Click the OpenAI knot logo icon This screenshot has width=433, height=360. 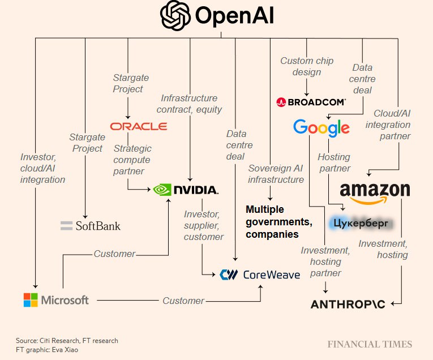point(175,16)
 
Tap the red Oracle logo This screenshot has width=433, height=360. point(139,126)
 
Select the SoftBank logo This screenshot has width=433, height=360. point(91,226)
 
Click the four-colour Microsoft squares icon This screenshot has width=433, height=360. point(31,300)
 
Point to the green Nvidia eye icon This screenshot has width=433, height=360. point(163,189)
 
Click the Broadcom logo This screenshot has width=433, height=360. point(311,102)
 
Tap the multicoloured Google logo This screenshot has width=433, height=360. point(321,127)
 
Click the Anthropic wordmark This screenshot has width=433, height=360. point(348,304)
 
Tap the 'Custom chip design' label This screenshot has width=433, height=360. point(307,66)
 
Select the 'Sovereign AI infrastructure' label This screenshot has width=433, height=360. point(276,174)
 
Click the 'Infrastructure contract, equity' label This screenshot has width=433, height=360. point(189,104)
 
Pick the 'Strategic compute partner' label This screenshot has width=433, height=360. point(132,160)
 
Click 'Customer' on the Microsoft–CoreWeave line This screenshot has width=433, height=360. point(183,301)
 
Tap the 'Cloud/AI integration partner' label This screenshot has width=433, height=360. point(392,124)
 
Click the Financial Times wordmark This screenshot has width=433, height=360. point(370,344)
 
